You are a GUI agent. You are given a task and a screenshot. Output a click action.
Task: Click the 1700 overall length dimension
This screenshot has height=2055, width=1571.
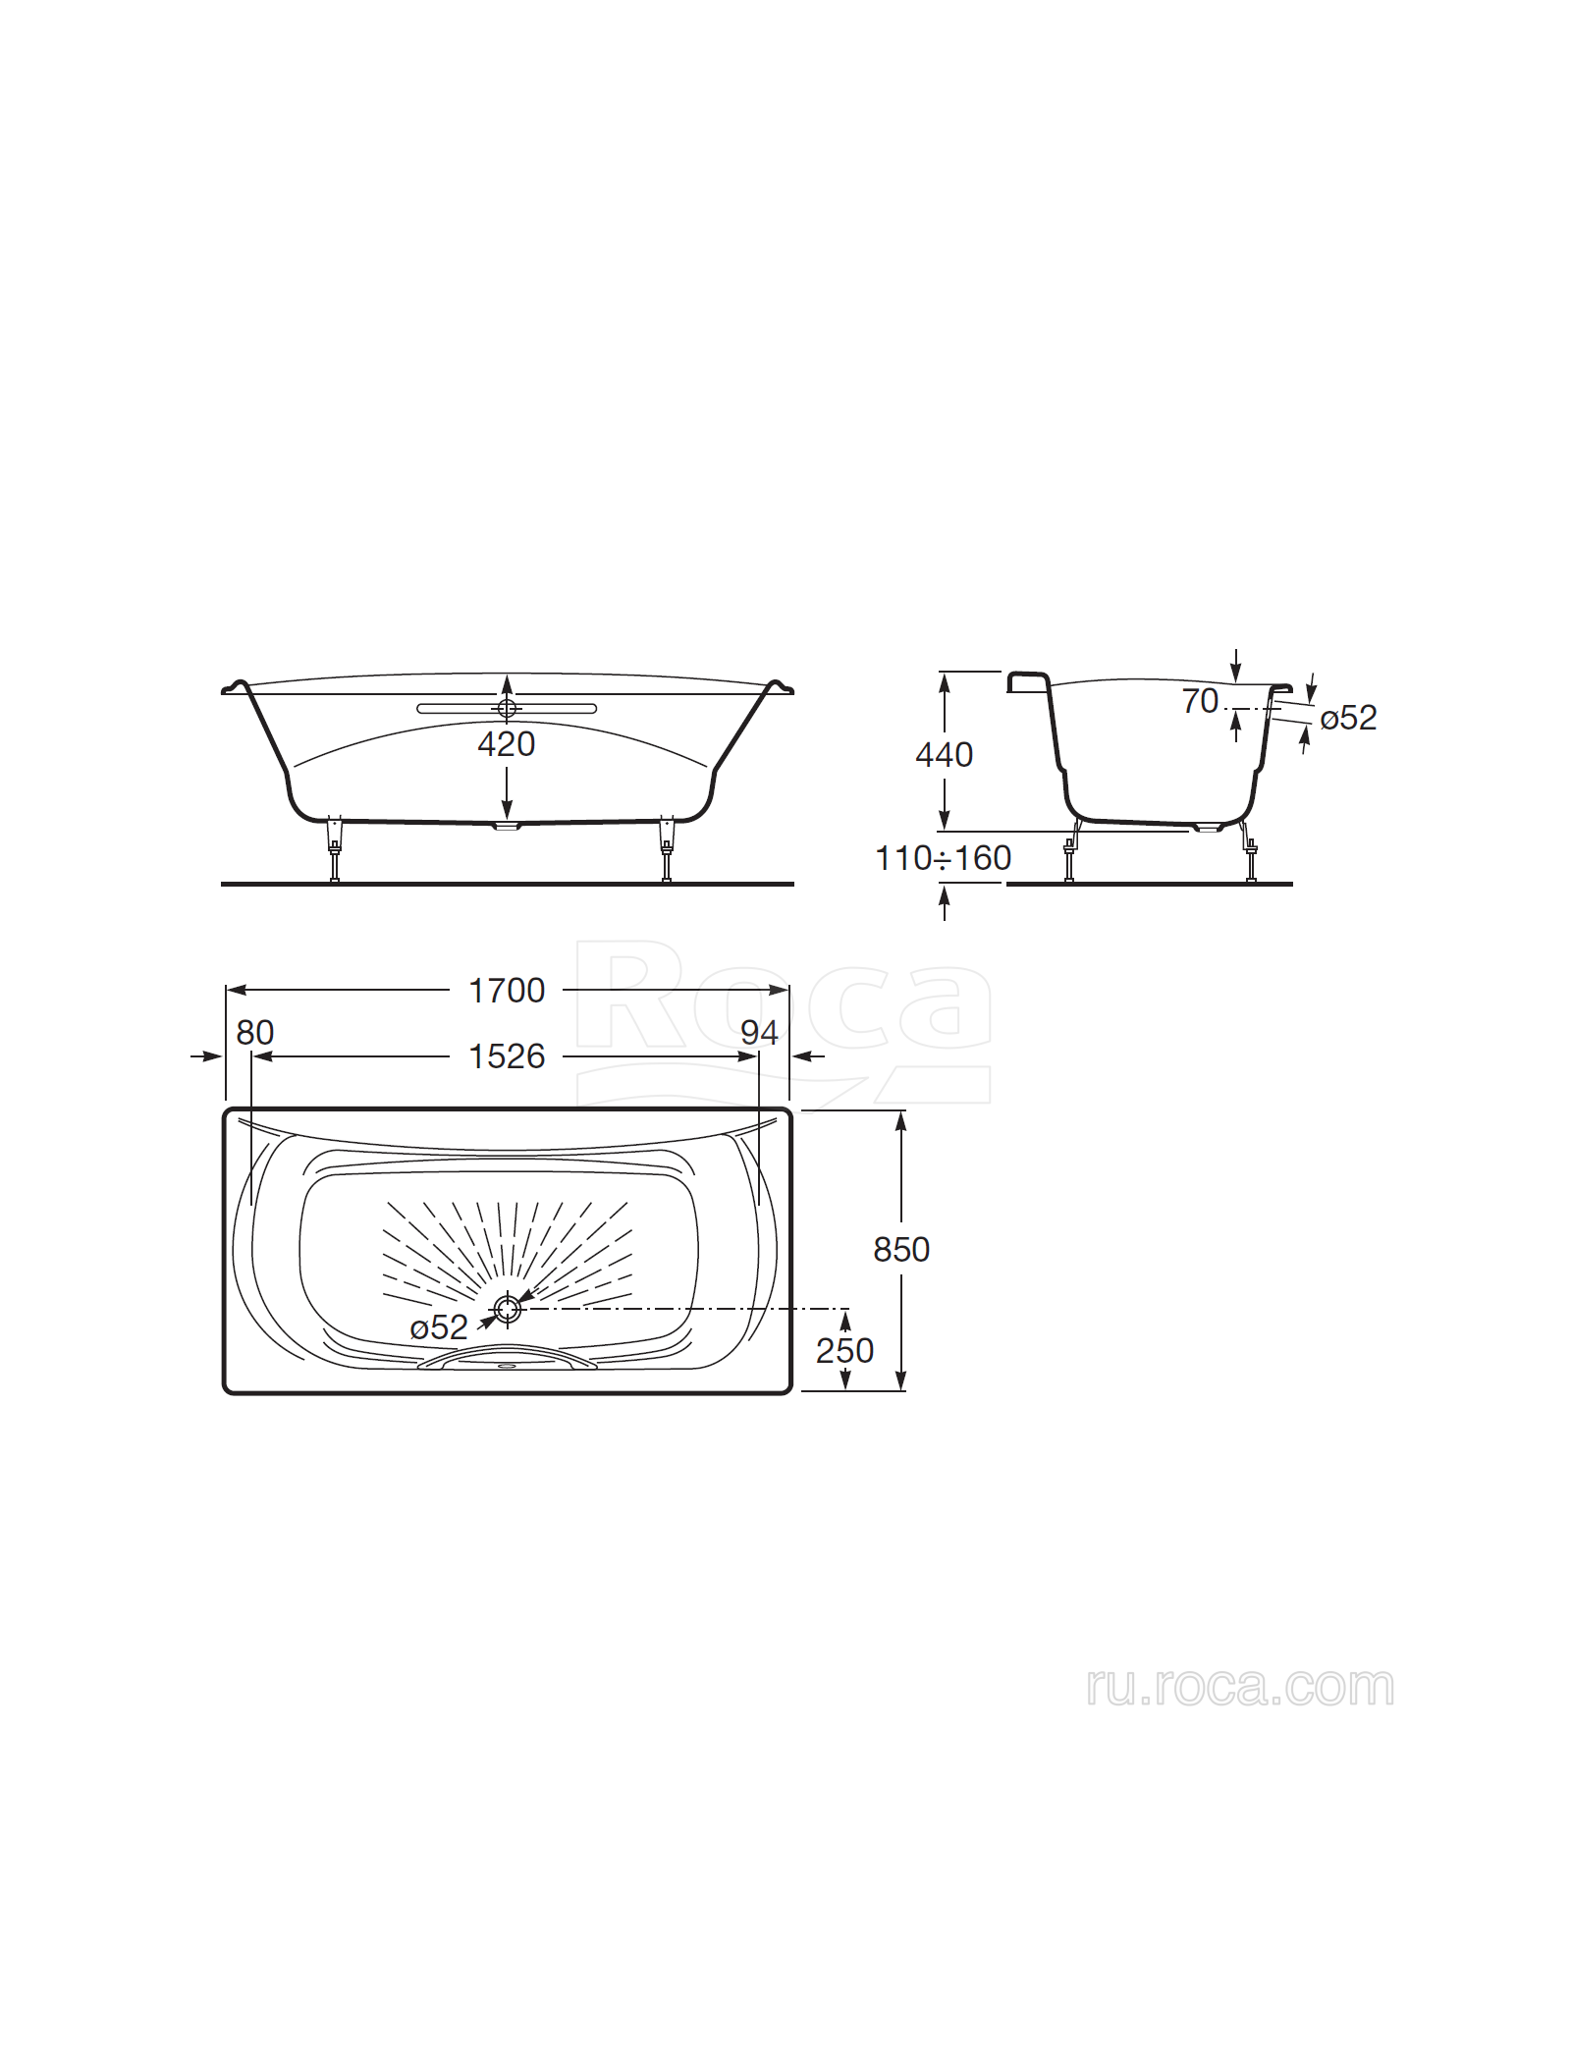tap(507, 991)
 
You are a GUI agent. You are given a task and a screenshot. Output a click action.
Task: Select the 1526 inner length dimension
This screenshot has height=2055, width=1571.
tap(507, 1056)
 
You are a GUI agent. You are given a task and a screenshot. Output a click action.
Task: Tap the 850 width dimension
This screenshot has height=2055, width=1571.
tap(901, 1249)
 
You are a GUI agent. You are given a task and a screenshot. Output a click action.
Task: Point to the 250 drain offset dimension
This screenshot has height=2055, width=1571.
tap(844, 1350)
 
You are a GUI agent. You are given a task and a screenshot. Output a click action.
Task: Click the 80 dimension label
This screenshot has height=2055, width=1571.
tap(255, 1033)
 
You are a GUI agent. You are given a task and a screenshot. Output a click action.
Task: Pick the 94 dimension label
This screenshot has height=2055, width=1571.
tap(759, 1033)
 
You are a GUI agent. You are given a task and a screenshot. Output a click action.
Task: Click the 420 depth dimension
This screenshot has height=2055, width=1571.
tap(507, 744)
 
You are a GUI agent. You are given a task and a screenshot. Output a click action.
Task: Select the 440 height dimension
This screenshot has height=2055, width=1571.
tap(945, 754)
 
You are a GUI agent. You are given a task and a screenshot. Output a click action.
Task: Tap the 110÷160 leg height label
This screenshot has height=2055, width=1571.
tap(943, 858)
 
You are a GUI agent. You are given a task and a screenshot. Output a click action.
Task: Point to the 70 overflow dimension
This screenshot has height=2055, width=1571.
tap(1200, 701)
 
